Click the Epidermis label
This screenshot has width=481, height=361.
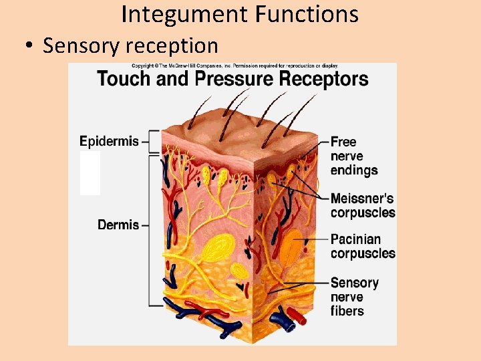point(110,141)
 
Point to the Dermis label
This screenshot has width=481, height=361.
point(118,225)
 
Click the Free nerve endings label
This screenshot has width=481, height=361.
point(353,156)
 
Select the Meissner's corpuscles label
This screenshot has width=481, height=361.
point(363,206)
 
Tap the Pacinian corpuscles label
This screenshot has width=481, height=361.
point(363,246)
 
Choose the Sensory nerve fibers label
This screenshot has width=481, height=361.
point(355,297)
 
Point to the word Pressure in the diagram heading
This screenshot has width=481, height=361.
point(230,79)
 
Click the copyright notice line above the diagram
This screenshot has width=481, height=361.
point(234,66)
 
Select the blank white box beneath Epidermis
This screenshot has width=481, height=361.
point(90,173)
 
